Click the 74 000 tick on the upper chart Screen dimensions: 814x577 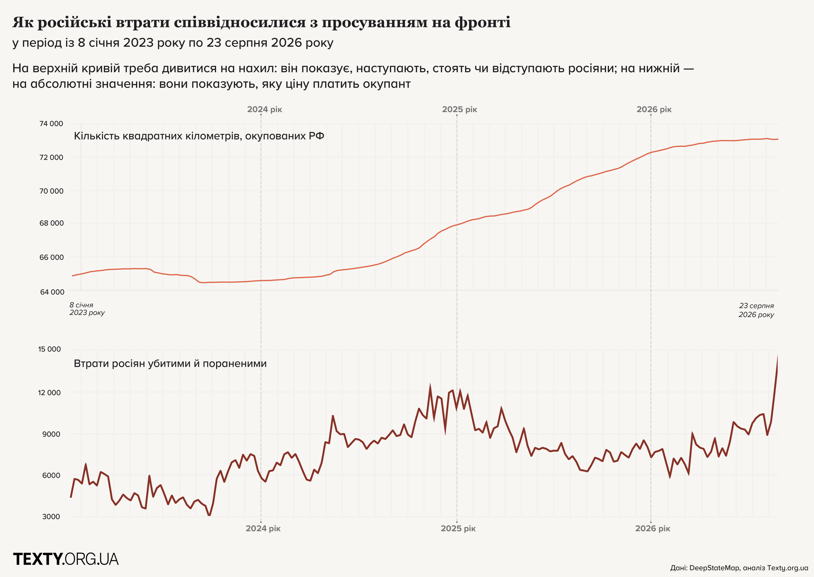coord(51,124)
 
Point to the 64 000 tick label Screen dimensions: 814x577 coord(52,292)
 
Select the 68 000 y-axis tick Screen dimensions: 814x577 coord(52,224)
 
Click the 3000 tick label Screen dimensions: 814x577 coord(51,517)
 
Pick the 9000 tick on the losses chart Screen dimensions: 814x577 coord(52,434)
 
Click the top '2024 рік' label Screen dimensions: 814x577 coord(265,110)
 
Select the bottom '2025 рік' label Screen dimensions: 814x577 coord(458,529)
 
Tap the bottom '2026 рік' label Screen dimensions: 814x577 coord(653,529)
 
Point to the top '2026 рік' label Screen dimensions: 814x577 coord(654,110)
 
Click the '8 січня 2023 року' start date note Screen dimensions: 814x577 coord(87,309)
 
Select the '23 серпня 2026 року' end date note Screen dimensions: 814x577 coord(756,310)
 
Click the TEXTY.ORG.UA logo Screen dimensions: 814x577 coord(66,559)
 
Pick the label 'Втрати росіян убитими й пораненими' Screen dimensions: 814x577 coord(170,364)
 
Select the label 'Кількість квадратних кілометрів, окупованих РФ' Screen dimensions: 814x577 coord(199,136)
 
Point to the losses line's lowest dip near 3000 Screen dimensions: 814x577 coord(209,515)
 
